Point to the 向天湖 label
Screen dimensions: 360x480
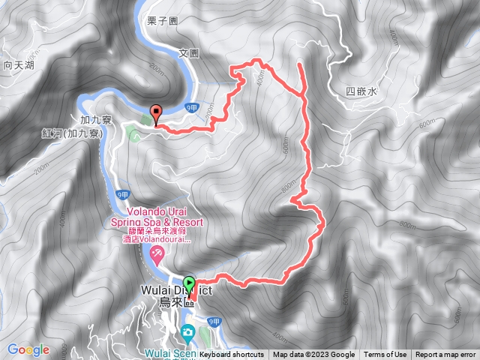pyautogui.click(x=19, y=66)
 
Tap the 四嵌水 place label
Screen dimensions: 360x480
pyautogui.click(x=361, y=91)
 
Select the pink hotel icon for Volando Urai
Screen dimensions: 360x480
pyautogui.click(x=157, y=254)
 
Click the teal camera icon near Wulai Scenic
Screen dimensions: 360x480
pyautogui.click(x=187, y=331)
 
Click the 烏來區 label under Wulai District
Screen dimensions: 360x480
pyautogui.click(x=177, y=302)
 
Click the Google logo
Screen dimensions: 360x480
pyautogui.click(x=28, y=349)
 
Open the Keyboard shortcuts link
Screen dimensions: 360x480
pyautogui.click(x=232, y=355)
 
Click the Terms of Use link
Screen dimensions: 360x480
pyautogui.click(x=385, y=355)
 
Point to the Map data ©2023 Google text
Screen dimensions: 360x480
pyautogui.click(x=313, y=355)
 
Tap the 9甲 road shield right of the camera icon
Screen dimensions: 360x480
pyautogui.click(x=214, y=322)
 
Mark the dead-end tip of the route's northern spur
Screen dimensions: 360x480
pyautogui.click(x=300, y=64)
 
